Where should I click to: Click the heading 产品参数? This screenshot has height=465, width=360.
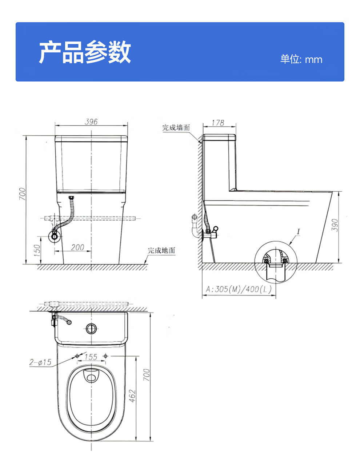(85, 52)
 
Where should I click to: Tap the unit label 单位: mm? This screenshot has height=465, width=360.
(301, 59)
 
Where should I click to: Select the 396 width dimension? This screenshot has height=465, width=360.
(91, 122)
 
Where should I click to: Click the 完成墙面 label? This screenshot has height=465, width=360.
(176, 128)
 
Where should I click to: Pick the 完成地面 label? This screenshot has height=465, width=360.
(161, 250)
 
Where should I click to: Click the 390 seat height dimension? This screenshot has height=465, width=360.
(335, 226)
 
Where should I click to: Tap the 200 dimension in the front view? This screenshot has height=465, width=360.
(77, 247)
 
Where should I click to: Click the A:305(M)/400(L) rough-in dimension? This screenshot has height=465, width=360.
(239, 289)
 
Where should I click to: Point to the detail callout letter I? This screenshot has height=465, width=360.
(298, 232)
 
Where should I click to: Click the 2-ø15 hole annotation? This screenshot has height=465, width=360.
(40, 362)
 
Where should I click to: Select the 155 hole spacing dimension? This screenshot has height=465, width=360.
(91, 357)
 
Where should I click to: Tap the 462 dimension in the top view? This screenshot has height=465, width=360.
(132, 396)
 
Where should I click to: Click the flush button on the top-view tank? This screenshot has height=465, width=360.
(91, 329)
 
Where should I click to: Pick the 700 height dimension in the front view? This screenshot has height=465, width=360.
(23, 194)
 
